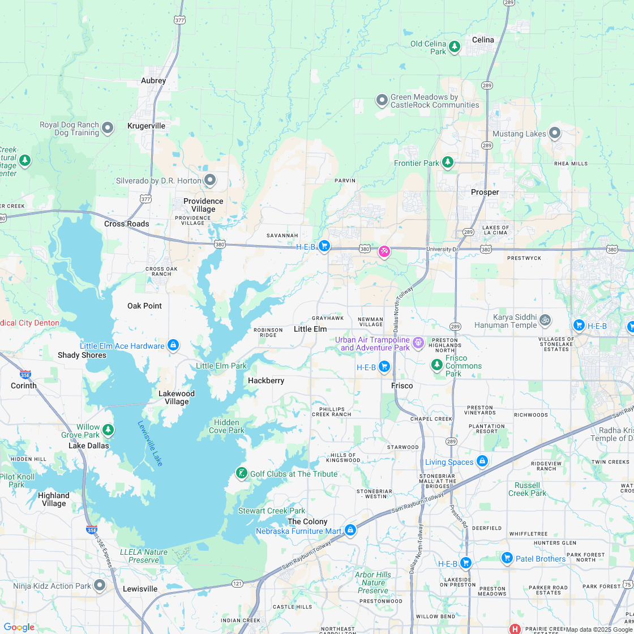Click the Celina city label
click(x=483, y=40)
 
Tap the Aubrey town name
click(x=153, y=80)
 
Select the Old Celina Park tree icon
click(x=455, y=47)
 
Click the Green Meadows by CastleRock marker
click(x=382, y=100)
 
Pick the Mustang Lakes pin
click(x=555, y=133)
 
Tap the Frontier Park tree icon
click(x=448, y=162)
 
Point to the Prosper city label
click(x=485, y=192)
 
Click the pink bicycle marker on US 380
click(x=384, y=251)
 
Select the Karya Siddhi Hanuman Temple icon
click(x=545, y=320)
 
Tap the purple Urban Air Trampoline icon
click(x=418, y=342)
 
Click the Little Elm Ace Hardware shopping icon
click(x=173, y=345)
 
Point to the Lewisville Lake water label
click(x=150, y=443)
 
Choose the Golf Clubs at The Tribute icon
click(x=242, y=473)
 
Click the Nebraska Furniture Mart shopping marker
click(x=350, y=530)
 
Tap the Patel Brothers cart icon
click(x=507, y=558)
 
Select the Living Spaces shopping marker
click(x=482, y=461)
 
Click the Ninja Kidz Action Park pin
click(x=100, y=585)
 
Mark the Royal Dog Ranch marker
click(x=108, y=128)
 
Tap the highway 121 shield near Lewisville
click(x=238, y=582)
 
